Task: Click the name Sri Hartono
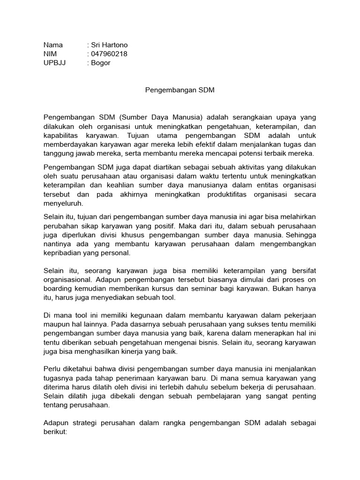[109, 45]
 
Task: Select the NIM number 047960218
[109, 54]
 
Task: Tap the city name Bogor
[100, 63]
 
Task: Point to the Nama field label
[52, 45]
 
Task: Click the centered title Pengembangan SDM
[180, 90]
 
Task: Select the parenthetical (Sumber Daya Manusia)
[161, 117]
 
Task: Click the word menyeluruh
[63, 203]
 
